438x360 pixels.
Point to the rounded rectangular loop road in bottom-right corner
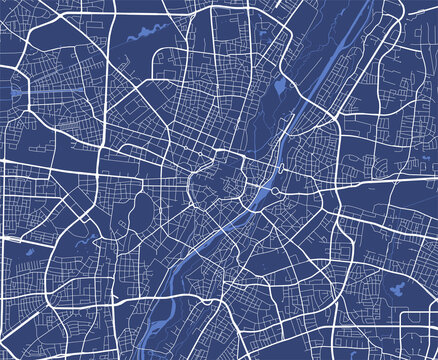point(418,330)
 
